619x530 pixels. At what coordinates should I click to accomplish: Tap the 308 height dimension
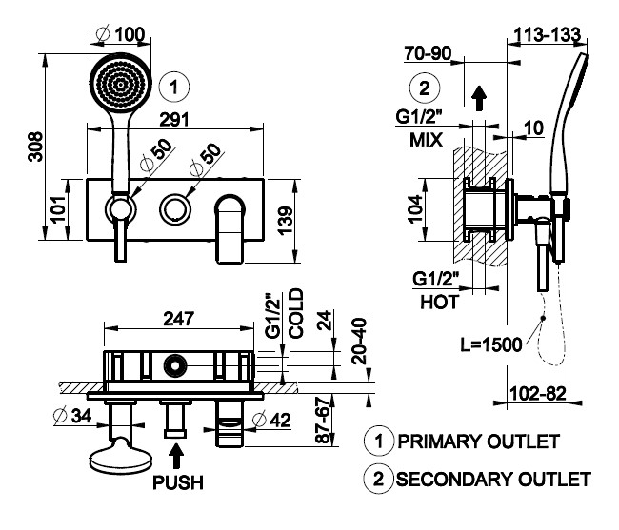[35, 147]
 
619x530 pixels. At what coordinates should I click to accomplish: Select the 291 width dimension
[174, 120]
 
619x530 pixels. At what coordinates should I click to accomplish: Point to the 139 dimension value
[286, 221]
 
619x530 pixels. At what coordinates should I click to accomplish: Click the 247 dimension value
[178, 319]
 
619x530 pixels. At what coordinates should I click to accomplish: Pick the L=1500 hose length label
[491, 344]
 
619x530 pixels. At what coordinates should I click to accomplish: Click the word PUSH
[178, 482]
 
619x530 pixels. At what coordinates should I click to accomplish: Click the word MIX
[426, 140]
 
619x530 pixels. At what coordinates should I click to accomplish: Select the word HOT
[439, 302]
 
